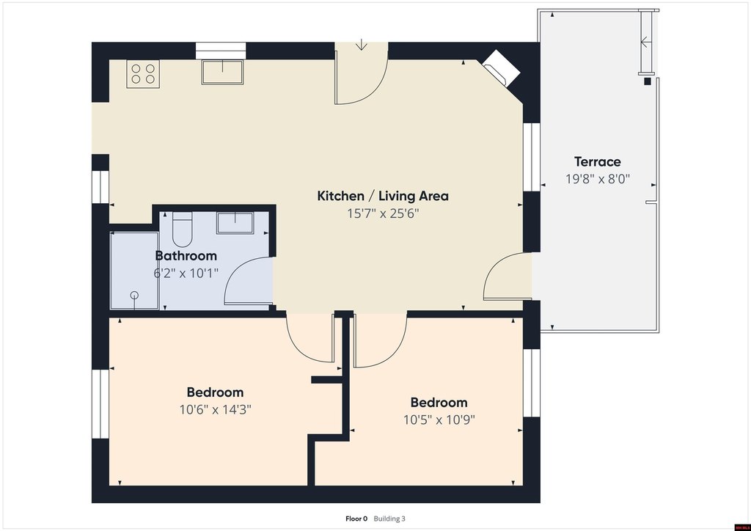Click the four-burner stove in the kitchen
tap(143, 74)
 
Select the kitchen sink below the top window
tap(222, 72)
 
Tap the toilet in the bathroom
tap(182, 229)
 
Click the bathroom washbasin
tap(235, 223)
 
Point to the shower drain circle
tap(135, 295)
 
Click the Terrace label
tap(597, 162)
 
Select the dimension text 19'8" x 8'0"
tap(597, 179)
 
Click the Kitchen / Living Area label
tap(383, 196)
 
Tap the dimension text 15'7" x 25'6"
tap(383, 213)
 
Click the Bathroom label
tap(186, 256)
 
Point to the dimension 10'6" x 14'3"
tap(215, 410)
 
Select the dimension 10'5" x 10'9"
tap(439, 420)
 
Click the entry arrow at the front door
tap(361, 45)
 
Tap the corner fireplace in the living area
tap(500, 67)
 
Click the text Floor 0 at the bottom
tap(356, 519)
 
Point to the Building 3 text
tap(389, 519)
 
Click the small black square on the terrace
tap(648, 81)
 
